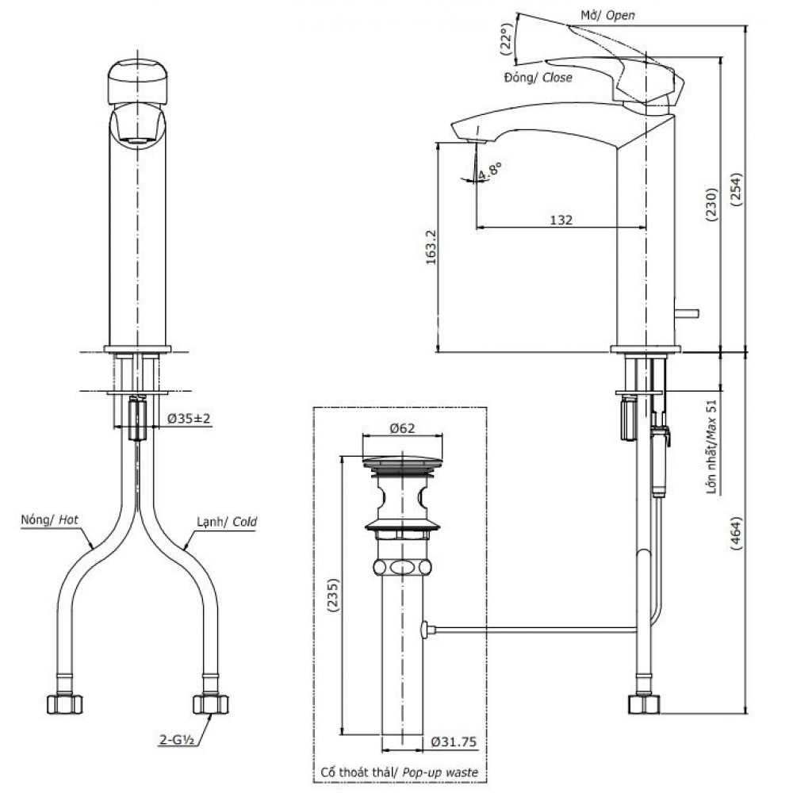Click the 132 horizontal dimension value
[561, 220]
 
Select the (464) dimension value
[737, 537]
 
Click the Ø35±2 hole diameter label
[190, 419]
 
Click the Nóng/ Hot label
[50, 521]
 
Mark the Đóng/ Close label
[537, 78]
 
